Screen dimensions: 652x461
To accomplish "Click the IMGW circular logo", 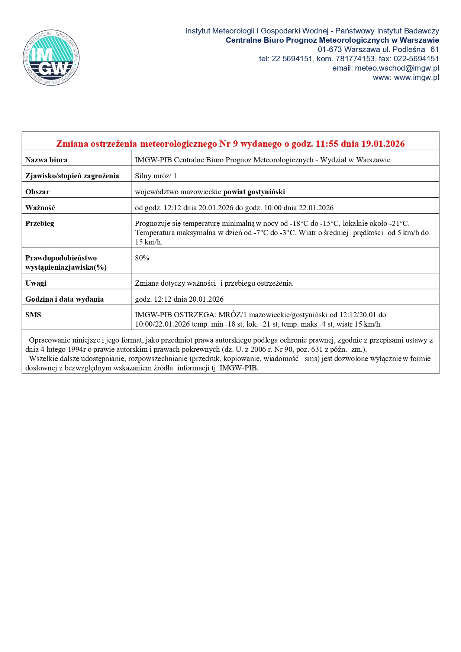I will pos(51,58).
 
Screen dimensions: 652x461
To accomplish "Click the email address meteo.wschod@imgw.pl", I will pos(397,68).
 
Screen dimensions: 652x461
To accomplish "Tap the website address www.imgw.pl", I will pos(416,78).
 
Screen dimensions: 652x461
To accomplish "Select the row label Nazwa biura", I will pos(46,160).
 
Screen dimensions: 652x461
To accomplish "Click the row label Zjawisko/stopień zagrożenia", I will pos(72,176).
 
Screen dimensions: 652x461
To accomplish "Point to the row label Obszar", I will pos(38,192).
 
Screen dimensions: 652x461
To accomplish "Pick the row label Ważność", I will pos(40,208).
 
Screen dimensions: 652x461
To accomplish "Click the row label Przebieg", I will pos(40,224).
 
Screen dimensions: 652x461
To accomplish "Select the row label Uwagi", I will pos(36,283).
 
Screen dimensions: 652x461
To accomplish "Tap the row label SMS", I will pos(33,315).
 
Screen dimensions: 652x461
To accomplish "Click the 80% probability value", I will pos(142,258).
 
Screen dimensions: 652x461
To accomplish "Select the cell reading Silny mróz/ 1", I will pos(156,176).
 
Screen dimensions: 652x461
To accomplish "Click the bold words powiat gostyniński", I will pos(254,192).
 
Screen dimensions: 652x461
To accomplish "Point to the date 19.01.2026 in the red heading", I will pos(383,144).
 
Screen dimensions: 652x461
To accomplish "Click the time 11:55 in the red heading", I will pos(327,144).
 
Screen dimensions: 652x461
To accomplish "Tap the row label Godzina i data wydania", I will pos(64,299).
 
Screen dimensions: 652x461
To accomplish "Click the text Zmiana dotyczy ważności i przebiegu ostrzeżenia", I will pos(214,283).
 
